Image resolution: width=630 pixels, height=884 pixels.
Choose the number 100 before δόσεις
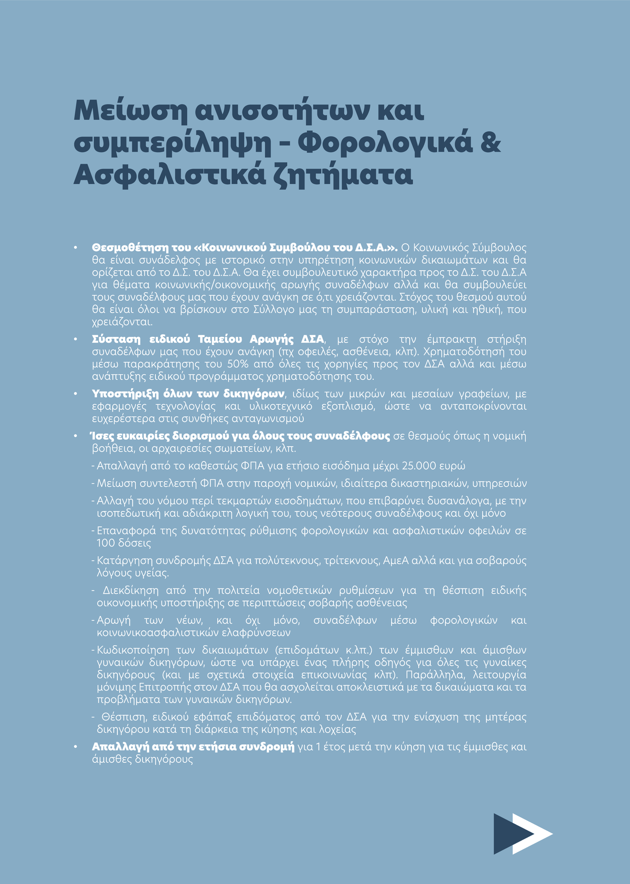pyautogui.click(x=105, y=543)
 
